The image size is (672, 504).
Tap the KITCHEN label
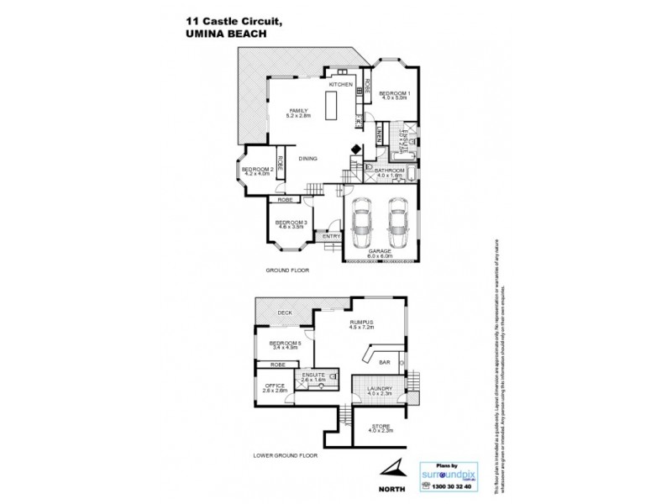339,85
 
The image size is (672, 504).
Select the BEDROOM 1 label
394,92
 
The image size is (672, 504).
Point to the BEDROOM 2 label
255,171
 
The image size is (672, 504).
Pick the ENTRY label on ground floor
332,236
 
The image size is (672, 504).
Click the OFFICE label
275,386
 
